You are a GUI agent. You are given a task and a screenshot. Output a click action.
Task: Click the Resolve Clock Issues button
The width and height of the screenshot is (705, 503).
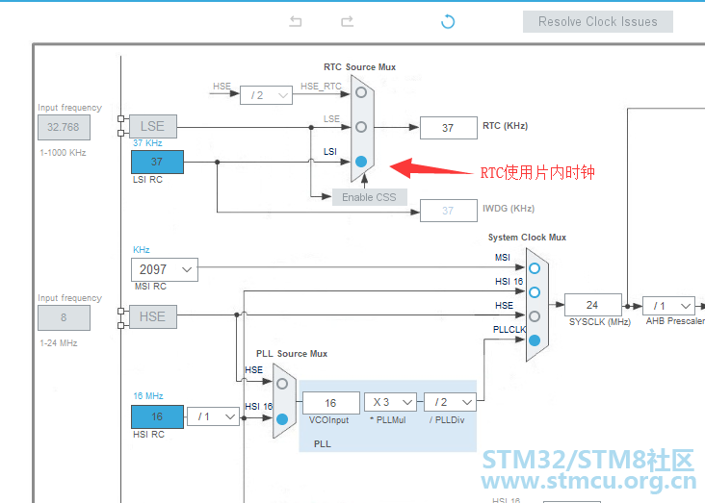(597, 21)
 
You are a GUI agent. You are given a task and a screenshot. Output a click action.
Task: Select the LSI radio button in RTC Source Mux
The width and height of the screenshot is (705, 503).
(361, 162)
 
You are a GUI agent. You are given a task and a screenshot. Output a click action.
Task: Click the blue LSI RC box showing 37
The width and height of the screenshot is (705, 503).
(157, 162)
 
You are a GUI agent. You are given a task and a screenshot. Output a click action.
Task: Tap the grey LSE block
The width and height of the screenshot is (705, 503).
(153, 126)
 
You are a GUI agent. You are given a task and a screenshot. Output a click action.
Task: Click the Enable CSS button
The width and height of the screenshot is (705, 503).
(370, 197)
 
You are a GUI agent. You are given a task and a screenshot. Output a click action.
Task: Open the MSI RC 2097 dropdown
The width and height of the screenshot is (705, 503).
(165, 269)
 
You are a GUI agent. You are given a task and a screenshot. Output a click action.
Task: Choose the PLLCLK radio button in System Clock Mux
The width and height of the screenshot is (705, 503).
(535, 340)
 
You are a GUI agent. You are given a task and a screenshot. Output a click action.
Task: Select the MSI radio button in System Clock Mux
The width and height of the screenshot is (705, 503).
(535, 268)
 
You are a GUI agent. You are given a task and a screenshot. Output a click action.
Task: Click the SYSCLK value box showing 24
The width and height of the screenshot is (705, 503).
(593, 305)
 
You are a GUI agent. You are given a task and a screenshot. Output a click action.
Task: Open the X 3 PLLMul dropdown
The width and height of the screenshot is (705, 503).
(390, 402)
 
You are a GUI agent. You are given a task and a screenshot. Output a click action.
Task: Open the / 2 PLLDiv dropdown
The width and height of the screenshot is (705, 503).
(450, 402)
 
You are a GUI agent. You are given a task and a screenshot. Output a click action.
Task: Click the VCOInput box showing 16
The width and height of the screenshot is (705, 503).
(331, 403)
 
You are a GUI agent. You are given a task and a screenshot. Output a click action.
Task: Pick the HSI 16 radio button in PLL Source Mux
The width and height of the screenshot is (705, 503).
(282, 419)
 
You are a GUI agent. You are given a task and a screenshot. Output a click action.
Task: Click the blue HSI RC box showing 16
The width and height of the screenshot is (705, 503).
(157, 416)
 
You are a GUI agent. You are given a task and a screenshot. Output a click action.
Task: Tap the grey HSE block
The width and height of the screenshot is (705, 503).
(153, 316)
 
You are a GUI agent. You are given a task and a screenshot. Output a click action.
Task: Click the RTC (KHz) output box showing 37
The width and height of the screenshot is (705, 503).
(448, 128)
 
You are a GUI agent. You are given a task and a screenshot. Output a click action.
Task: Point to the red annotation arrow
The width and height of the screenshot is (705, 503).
(431, 168)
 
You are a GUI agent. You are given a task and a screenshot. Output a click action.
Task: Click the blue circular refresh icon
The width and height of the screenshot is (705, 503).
(448, 21)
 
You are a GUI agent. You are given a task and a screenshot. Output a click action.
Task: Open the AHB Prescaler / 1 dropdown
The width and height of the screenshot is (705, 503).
(668, 306)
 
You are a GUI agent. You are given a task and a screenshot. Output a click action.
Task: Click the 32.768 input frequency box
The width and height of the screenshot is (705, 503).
(64, 127)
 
